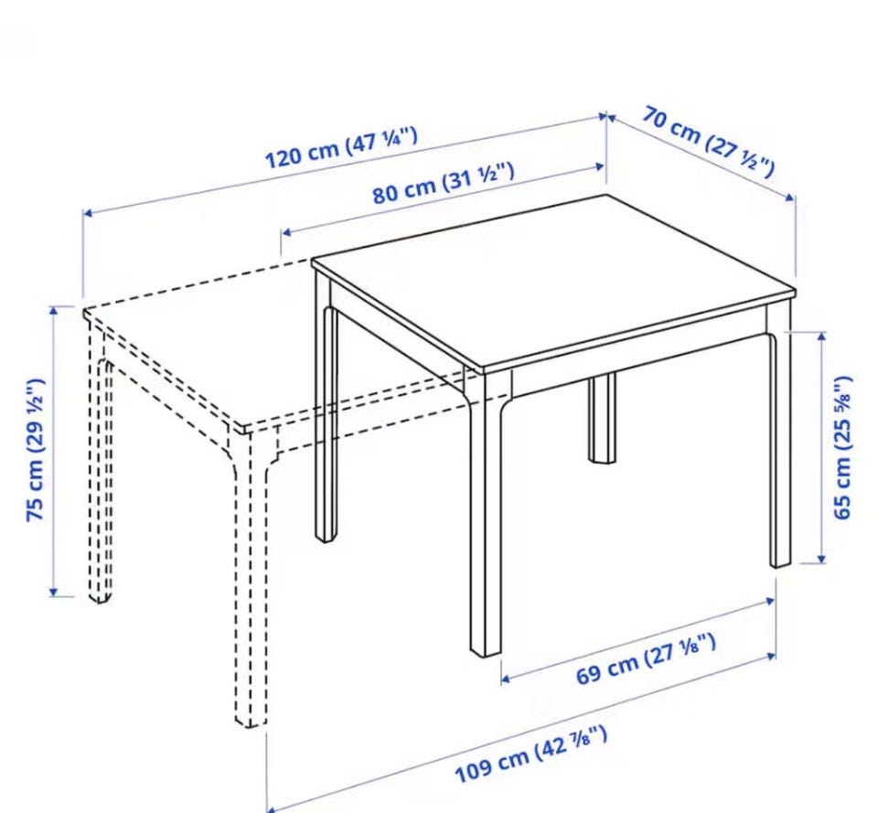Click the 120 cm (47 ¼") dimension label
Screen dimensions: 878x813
pyautogui.click(x=340, y=147)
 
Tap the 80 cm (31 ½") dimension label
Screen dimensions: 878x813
pyautogui.click(x=443, y=183)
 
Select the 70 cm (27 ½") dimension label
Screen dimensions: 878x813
pyautogui.click(x=708, y=142)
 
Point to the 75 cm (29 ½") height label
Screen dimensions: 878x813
pyautogui.click(x=36, y=450)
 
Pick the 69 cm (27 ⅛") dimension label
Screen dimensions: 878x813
pyautogui.click(x=646, y=658)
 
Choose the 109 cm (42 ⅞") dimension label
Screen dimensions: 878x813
pyautogui.click(x=530, y=754)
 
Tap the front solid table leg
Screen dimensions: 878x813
pyautogui.click(x=486, y=512)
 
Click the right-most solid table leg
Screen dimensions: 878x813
pyautogui.click(x=780, y=448)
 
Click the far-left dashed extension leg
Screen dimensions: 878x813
pyautogui.click(x=100, y=465)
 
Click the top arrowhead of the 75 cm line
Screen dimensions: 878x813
pyautogui.click(x=54, y=311)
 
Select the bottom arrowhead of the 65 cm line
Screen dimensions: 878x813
pyautogui.click(x=821, y=558)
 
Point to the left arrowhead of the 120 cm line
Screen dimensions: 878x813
pyautogui.click(x=88, y=213)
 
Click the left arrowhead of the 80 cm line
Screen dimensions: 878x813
pyautogui.click(x=285, y=232)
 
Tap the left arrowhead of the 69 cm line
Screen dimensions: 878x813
pyautogui.click(x=505, y=679)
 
